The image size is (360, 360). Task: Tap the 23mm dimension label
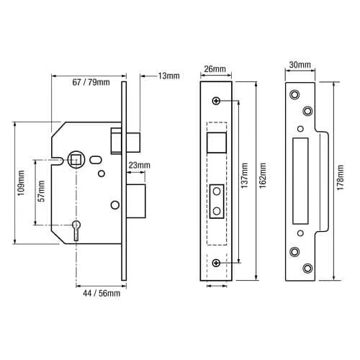(x=139, y=165)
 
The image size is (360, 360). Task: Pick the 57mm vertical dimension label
(x=42, y=190)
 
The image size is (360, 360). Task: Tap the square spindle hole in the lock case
(x=75, y=158)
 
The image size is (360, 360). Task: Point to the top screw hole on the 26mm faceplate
(x=216, y=99)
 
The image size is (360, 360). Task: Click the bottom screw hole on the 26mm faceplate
(x=216, y=264)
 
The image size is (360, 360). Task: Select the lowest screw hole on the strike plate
(x=308, y=269)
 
